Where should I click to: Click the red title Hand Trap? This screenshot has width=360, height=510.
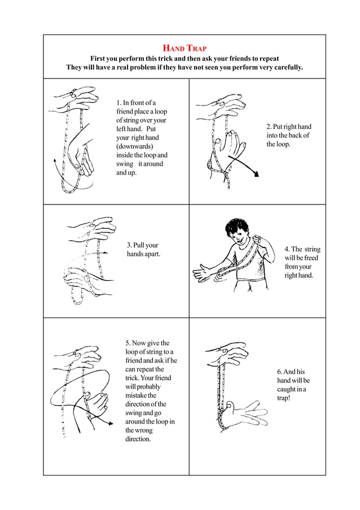(x=185, y=47)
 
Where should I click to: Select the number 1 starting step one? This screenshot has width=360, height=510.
(x=118, y=103)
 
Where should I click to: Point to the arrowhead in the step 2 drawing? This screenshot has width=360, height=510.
(x=257, y=175)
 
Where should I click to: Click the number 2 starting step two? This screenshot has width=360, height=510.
(x=269, y=127)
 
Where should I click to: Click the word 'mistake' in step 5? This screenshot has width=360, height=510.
(x=138, y=395)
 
